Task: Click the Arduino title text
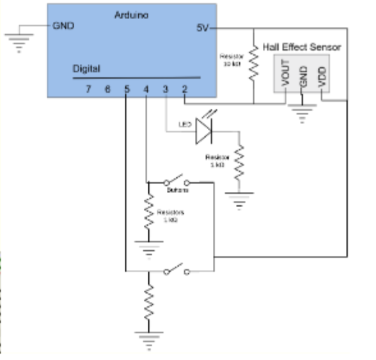(131, 14)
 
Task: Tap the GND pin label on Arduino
(64, 26)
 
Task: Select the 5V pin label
(201, 29)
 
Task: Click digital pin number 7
(89, 88)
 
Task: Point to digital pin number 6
(107, 88)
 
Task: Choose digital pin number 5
(127, 88)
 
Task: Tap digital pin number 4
(146, 88)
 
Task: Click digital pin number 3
(165, 88)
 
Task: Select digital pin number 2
(184, 88)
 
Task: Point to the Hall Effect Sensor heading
(302, 47)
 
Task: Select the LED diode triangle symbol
(203, 132)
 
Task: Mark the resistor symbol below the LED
(240, 163)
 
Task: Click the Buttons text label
(177, 191)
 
